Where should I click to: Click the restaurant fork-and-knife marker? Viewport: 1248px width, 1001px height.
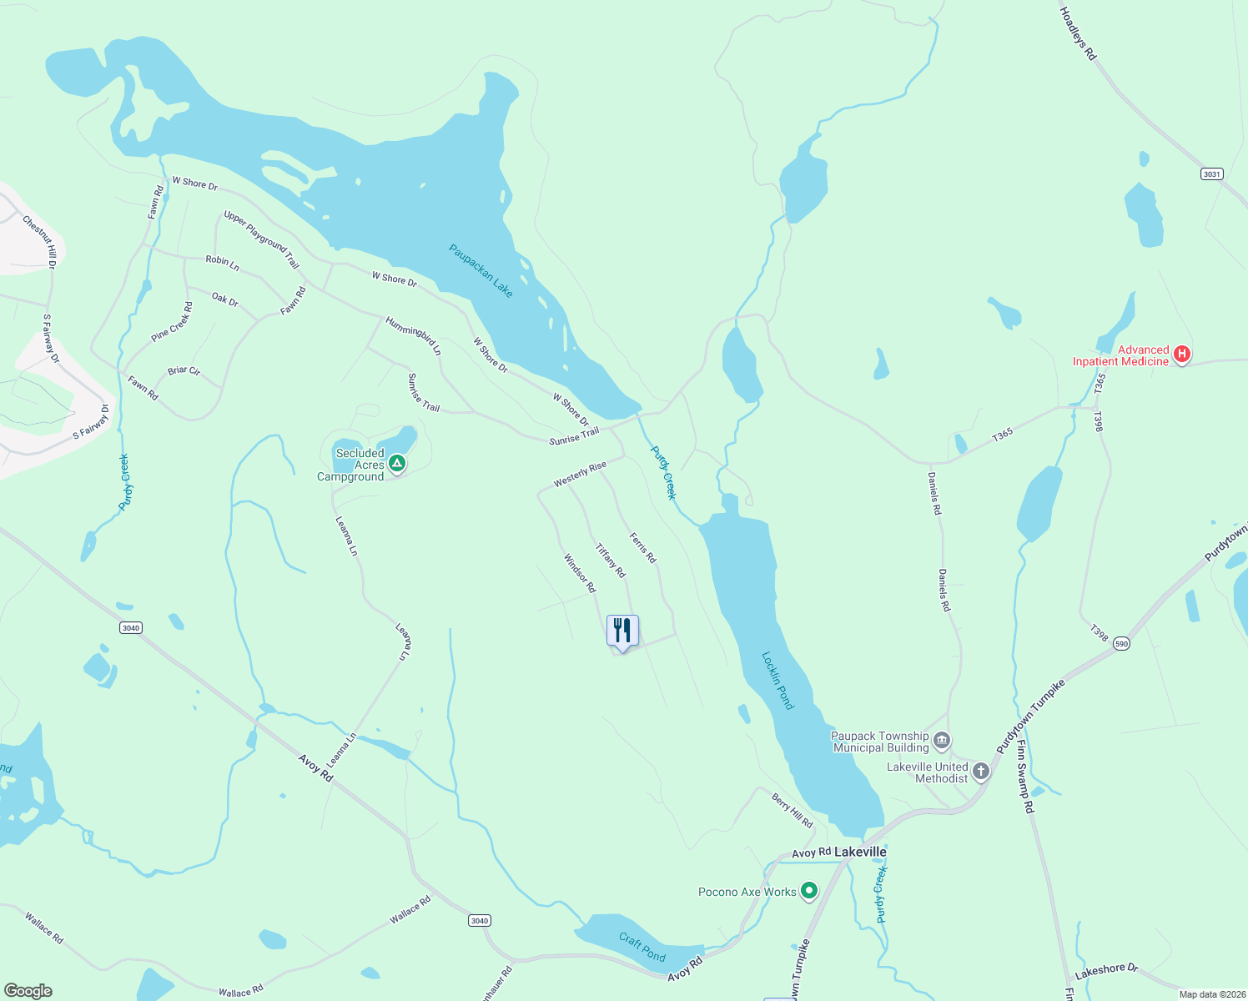[622, 631]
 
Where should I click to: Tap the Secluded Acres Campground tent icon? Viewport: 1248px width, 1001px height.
[398, 463]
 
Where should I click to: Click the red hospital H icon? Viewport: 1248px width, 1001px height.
[1181, 355]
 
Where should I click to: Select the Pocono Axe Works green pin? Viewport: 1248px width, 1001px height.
[808, 891]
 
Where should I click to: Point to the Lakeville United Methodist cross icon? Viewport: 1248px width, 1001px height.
[981, 771]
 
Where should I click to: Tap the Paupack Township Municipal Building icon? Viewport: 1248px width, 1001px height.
[942, 740]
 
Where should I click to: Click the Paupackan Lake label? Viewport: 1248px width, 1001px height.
[481, 270]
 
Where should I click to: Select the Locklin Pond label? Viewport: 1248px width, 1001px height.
[777, 681]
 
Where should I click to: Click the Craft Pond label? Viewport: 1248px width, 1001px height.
[642, 947]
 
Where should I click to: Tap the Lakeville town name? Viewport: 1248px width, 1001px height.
[860, 852]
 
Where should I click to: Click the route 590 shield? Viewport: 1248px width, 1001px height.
[1121, 643]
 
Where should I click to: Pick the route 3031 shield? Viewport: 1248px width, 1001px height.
[1211, 174]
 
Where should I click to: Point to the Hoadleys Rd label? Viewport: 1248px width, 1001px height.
[1078, 33]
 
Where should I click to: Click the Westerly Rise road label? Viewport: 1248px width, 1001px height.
[580, 474]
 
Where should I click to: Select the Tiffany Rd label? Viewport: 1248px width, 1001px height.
[610, 561]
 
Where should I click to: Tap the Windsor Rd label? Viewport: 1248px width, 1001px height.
[580, 574]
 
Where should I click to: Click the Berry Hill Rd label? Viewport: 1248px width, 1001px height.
[792, 810]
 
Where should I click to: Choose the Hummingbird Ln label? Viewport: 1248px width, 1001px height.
[413, 336]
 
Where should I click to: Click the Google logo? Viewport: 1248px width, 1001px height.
[28, 991]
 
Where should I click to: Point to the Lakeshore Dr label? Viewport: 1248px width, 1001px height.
[1106, 971]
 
